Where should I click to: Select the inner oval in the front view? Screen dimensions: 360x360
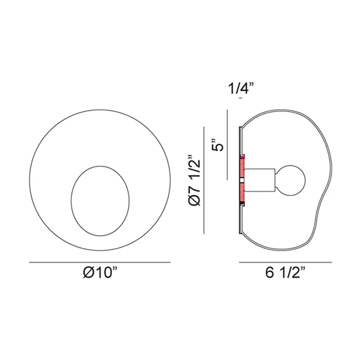71,201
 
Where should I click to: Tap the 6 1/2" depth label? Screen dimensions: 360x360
285,273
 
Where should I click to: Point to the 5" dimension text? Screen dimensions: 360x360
217,145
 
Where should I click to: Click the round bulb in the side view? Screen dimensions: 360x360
291,180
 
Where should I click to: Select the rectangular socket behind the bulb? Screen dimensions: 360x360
260,180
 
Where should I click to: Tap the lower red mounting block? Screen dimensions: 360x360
242,192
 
